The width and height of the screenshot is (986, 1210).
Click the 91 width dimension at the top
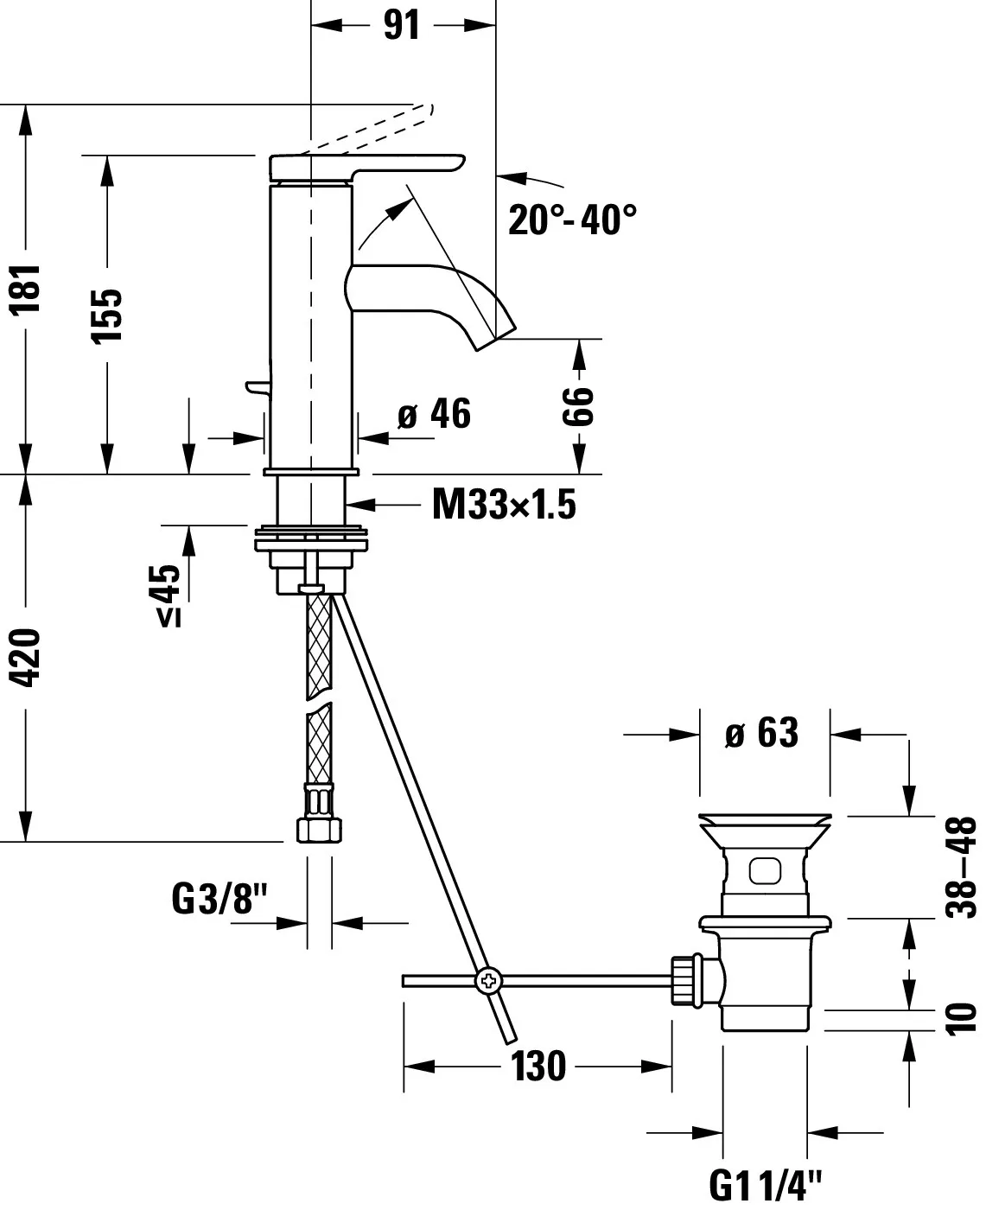click(x=402, y=25)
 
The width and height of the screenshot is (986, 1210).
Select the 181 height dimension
click(x=29, y=290)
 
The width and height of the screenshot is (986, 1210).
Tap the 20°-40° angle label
click(x=572, y=220)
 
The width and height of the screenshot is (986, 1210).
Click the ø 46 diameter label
click(x=434, y=414)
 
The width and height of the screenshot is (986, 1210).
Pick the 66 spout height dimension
click(x=578, y=405)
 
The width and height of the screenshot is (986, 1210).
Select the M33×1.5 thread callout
click(x=504, y=504)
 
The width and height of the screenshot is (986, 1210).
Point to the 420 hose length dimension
click(x=29, y=657)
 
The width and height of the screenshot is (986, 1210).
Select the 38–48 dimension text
click(x=961, y=867)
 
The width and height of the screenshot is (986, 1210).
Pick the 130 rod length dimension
click(x=538, y=1066)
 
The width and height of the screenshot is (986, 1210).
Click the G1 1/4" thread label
click(x=766, y=1183)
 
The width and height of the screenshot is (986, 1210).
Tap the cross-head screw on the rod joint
click(x=487, y=980)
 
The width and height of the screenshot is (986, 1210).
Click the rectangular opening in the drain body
click(x=765, y=870)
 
